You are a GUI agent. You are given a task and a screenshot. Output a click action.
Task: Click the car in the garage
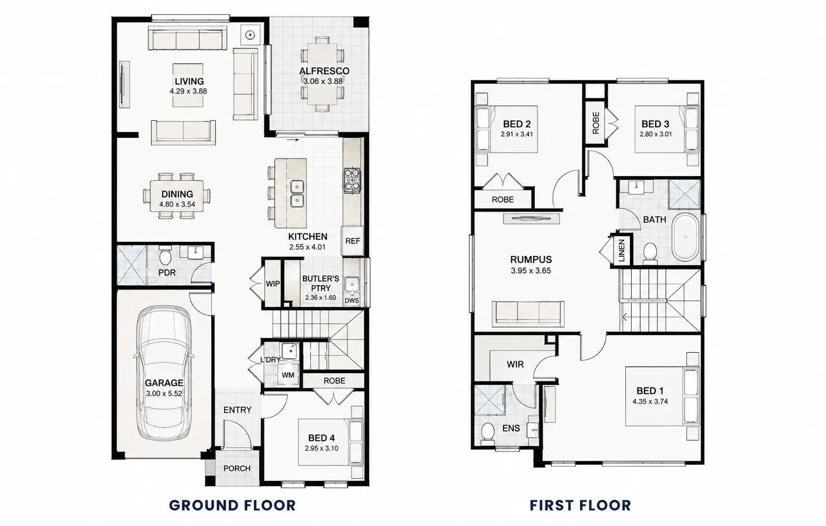coord(164,373)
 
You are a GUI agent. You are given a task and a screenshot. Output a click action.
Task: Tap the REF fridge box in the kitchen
coord(353,241)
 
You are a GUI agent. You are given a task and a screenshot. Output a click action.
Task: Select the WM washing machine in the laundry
coord(287,374)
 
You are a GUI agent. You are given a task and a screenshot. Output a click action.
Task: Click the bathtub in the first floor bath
coord(686,237)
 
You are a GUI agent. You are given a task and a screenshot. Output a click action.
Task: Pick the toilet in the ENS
coord(488,434)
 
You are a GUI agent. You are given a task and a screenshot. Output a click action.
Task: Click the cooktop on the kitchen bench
coord(352,180)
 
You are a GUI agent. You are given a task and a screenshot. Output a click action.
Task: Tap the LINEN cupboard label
coord(622,251)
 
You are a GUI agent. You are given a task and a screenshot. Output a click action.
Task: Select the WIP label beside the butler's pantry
coord(273,284)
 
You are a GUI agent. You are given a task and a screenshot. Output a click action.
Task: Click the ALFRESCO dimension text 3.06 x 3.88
coord(323,81)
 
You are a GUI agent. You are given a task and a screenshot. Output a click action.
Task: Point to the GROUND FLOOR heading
coord(232,506)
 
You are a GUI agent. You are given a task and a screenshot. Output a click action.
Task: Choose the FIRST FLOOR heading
coord(580,506)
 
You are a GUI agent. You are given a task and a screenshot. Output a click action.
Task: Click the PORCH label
coord(237,468)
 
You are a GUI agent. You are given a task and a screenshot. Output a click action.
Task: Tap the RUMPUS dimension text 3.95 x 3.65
coord(531,271)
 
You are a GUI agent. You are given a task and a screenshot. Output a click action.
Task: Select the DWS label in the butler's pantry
coord(352,301)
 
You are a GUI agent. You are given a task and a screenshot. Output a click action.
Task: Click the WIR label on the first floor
coord(515,365)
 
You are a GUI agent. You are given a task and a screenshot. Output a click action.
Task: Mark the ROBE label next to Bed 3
coord(596,123)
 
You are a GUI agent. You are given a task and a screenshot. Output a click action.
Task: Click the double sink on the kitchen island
coord(297,194)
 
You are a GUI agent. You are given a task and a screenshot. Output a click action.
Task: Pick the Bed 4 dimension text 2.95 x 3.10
coord(322,449)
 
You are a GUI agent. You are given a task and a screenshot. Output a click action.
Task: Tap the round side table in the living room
coord(251,35)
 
